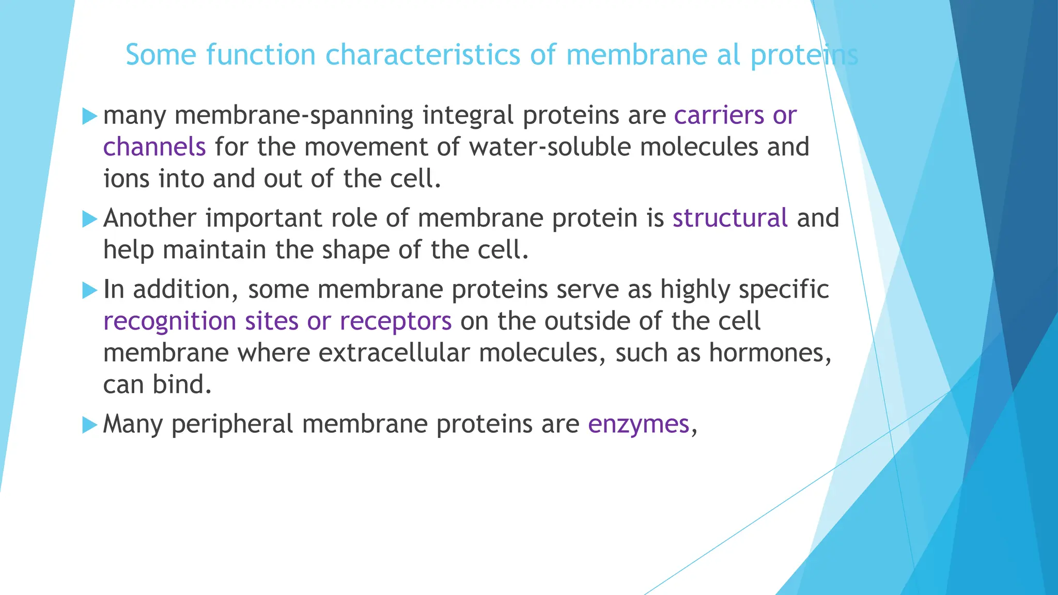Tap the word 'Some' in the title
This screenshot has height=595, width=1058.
pyautogui.click(x=161, y=55)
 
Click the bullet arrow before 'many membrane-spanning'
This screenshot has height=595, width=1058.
pyautogui.click(x=89, y=116)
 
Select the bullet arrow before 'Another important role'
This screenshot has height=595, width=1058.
pyautogui.click(x=89, y=219)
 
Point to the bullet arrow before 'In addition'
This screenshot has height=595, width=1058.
pyautogui.click(x=89, y=290)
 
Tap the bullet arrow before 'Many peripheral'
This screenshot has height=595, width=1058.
pyautogui.click(x=89, y=426)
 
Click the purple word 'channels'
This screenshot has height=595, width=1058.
pyautogui.click(x=154, y=147)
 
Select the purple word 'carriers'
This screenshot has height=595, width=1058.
pyautogui.click(x=719, y=115)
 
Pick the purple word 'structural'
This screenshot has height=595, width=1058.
pyautogui.click(x=729, y=218)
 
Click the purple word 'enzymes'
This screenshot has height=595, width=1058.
pyautogui.click(x=639, y=425)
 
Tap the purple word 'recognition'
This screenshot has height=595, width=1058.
pyautogui.click(x=169, y=322)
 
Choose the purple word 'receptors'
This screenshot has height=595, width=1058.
pyautogui.click(x=395, y=322)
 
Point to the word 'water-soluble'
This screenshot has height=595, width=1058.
pyautogui.click(x=550, y=147)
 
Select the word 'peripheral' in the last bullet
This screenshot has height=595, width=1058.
pyautogui.click(x=232, y=425)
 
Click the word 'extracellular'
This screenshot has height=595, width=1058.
pyautogui.click(x=394, y=353)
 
